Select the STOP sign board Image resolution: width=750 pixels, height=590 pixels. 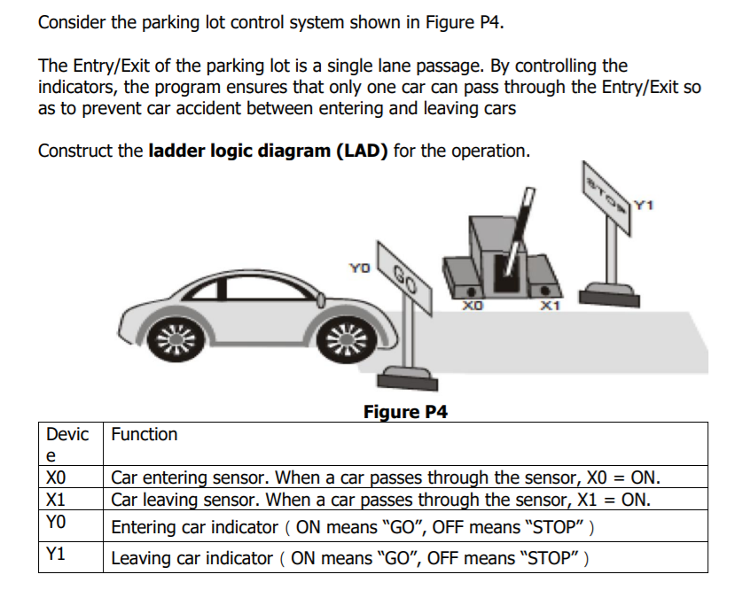tap(607, 195)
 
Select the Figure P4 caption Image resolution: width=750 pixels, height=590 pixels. tap(405, 412)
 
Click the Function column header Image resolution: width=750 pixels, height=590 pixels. tap(144, 435)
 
